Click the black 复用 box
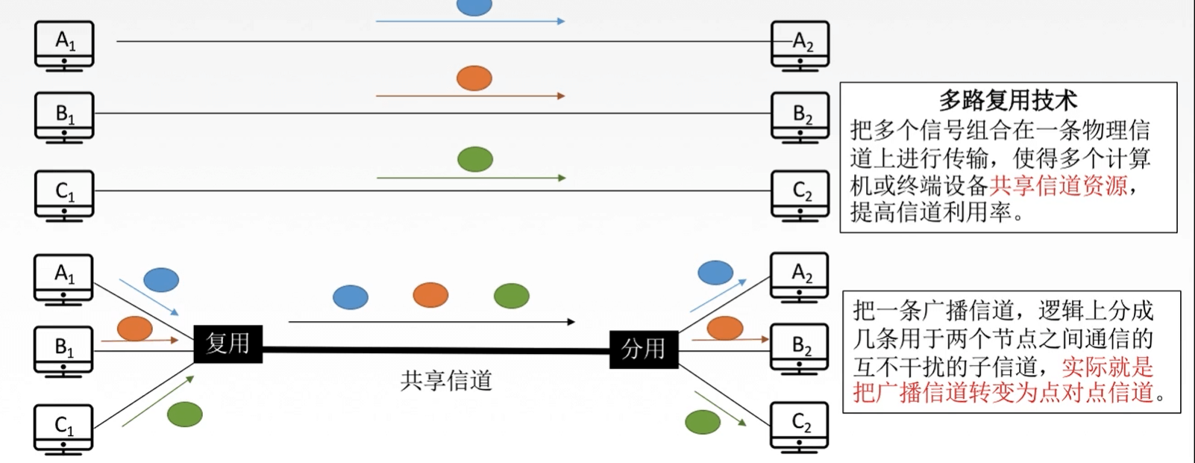228,344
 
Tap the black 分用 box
643,349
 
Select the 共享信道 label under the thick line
446,381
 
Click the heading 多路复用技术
1008,100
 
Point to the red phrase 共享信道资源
1058,185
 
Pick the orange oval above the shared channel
430,295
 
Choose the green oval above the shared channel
511,296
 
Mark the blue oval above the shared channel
350,297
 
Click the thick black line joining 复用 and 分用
436,349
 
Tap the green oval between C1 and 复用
185,414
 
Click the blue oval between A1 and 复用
161,279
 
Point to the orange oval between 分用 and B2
724,327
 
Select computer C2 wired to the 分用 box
800,426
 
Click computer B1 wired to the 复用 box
63,349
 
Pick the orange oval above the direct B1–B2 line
474,78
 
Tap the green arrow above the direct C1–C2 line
471,178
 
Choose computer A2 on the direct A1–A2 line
800,45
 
